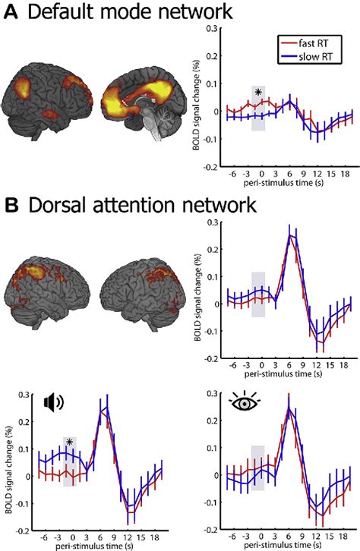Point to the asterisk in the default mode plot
tap(259, 93)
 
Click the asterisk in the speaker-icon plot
tap(69, 442)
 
